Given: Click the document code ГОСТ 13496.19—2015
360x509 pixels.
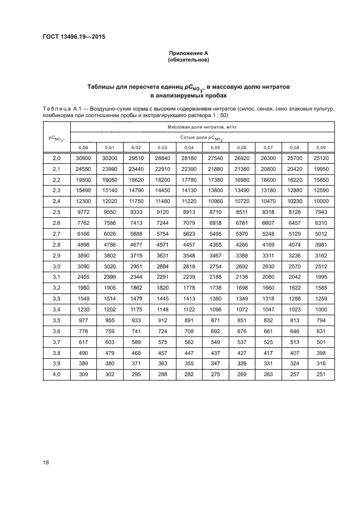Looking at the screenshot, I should pyautogui.click(x=74, y=37).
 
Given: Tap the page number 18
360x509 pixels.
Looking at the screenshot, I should pyautogui.click(x=46, y=462).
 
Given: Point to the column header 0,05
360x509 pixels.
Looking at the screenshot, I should pyautogui.click(x=216, y=148).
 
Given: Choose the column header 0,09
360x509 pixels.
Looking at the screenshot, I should pyautogui.click(x=321, y=148).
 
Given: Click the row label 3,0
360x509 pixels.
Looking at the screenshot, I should pyautogui.click(x=57, y=266).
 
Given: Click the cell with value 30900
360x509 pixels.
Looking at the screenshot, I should pyautogui.click(x=83, y=157).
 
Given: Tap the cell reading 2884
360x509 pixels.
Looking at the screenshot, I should pyautogui.click(x=163, y=266).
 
